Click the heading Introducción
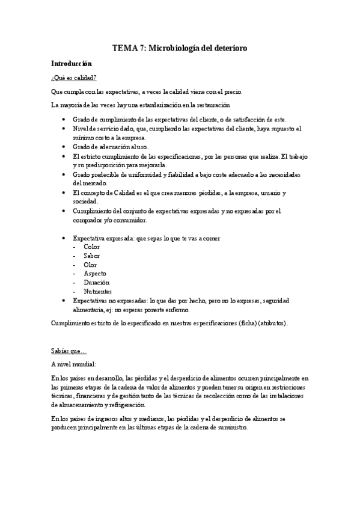click(71, 63)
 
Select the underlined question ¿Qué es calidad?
click(74, 78)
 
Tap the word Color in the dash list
click(92, 247)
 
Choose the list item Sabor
click(92, 256)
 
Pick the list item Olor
click(91, 265)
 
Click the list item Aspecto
click(94, 274)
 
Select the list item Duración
click(96, 283)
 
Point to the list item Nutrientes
click(98, 292)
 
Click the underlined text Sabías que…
click(69, 349)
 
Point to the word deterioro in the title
click(227, 47)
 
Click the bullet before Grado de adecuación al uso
click(64, 147)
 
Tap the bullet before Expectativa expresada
click(64, 238)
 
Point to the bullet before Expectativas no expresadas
click(64, 301)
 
